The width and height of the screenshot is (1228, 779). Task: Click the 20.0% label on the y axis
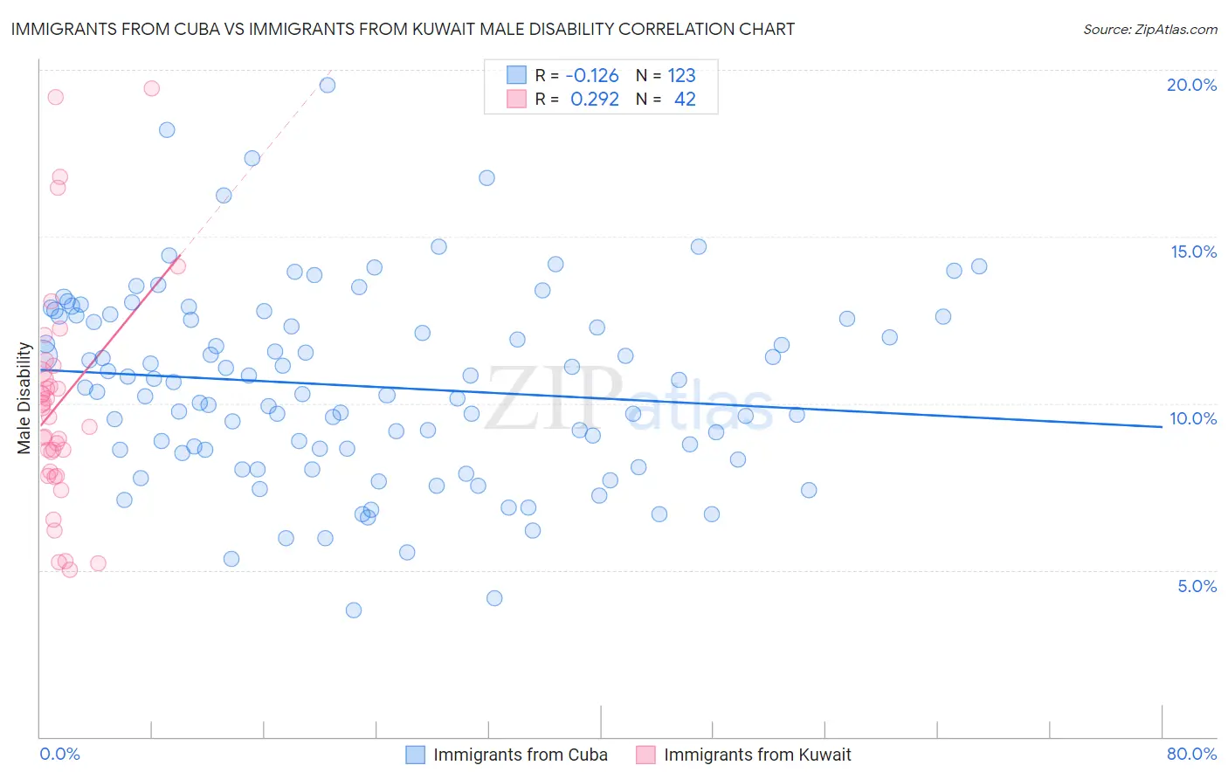pyautogui.click(x=1191, y=85)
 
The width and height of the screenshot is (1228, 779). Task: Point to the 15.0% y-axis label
pyautogui.click(x=1193, y=252)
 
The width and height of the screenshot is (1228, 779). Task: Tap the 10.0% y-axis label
pyautogui.click(x=1193, y=418)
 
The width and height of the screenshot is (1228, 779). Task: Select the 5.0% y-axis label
pyautogui.click(x=1197, y=586)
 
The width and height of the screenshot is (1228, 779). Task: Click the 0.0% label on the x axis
pyautogui.click(x=59, y=754)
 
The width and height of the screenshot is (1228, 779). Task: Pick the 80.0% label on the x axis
pyautogui.click(x=1191, y=754)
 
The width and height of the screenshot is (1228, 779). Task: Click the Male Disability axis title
pyautogui.click(x=24, y=398)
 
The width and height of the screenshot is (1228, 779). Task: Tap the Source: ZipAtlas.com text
pyautogui.click(x=1149, y=29)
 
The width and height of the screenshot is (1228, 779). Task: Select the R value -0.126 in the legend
pyautogui.click(x=592, y=75)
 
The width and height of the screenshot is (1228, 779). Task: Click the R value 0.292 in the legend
pyautogui.click(x=595, y=99)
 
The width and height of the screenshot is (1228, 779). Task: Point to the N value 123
pyautogui.click(x=681, y=75)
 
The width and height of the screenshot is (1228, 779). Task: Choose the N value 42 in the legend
pyautogui.click(x=685, y=99)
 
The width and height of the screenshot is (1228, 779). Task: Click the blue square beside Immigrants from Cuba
pyautogui.click(x=416, y=755)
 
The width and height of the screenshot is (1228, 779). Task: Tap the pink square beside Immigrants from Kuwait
pyautogui.click(x=645, y=755)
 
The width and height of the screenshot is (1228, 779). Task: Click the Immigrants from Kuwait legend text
pyautogui.click(x=757, y=755)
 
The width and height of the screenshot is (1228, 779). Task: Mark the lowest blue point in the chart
pyautogui.click(x=354, y=610)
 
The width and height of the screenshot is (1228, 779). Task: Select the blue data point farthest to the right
pyautogui.click(x=979, y=266)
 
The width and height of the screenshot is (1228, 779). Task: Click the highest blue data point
pyautogui.click(x=328, y=85)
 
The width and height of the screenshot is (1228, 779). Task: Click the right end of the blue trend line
pyautogui.click(x=1162, y=426)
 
